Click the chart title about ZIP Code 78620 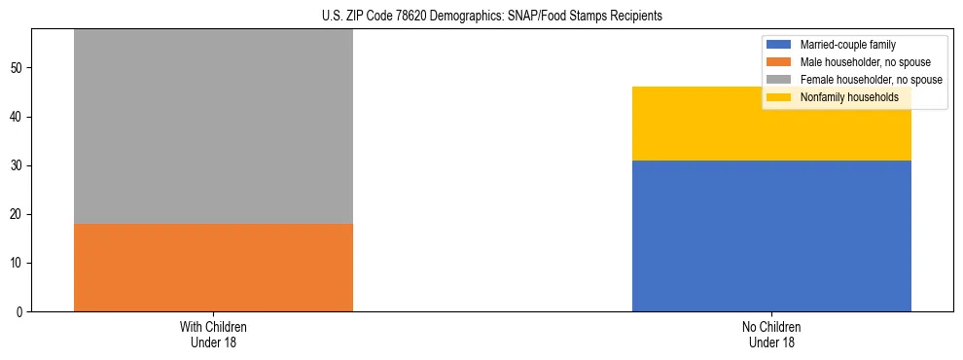point(491,17)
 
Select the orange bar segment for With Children point(213,268)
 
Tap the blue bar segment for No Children point(771,235)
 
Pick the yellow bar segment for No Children point(771,124)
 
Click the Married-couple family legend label point(847,45)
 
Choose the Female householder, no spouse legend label point(871,80)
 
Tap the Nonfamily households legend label point(849,97)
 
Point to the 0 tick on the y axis point(20,311)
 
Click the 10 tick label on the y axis point(18,263)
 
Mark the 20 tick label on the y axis point(18,214)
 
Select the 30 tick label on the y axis point(18,165)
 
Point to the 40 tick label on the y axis point(18,117)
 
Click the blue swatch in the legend point(779,45)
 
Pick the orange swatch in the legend point(779,62)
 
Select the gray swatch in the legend point(779,80)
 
